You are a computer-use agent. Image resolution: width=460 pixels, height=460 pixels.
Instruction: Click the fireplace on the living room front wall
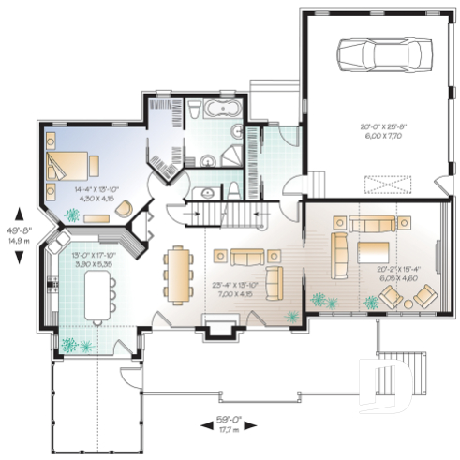[x=219, y=328]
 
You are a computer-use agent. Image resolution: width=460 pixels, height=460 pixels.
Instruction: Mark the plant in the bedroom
[x=72, y=215]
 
